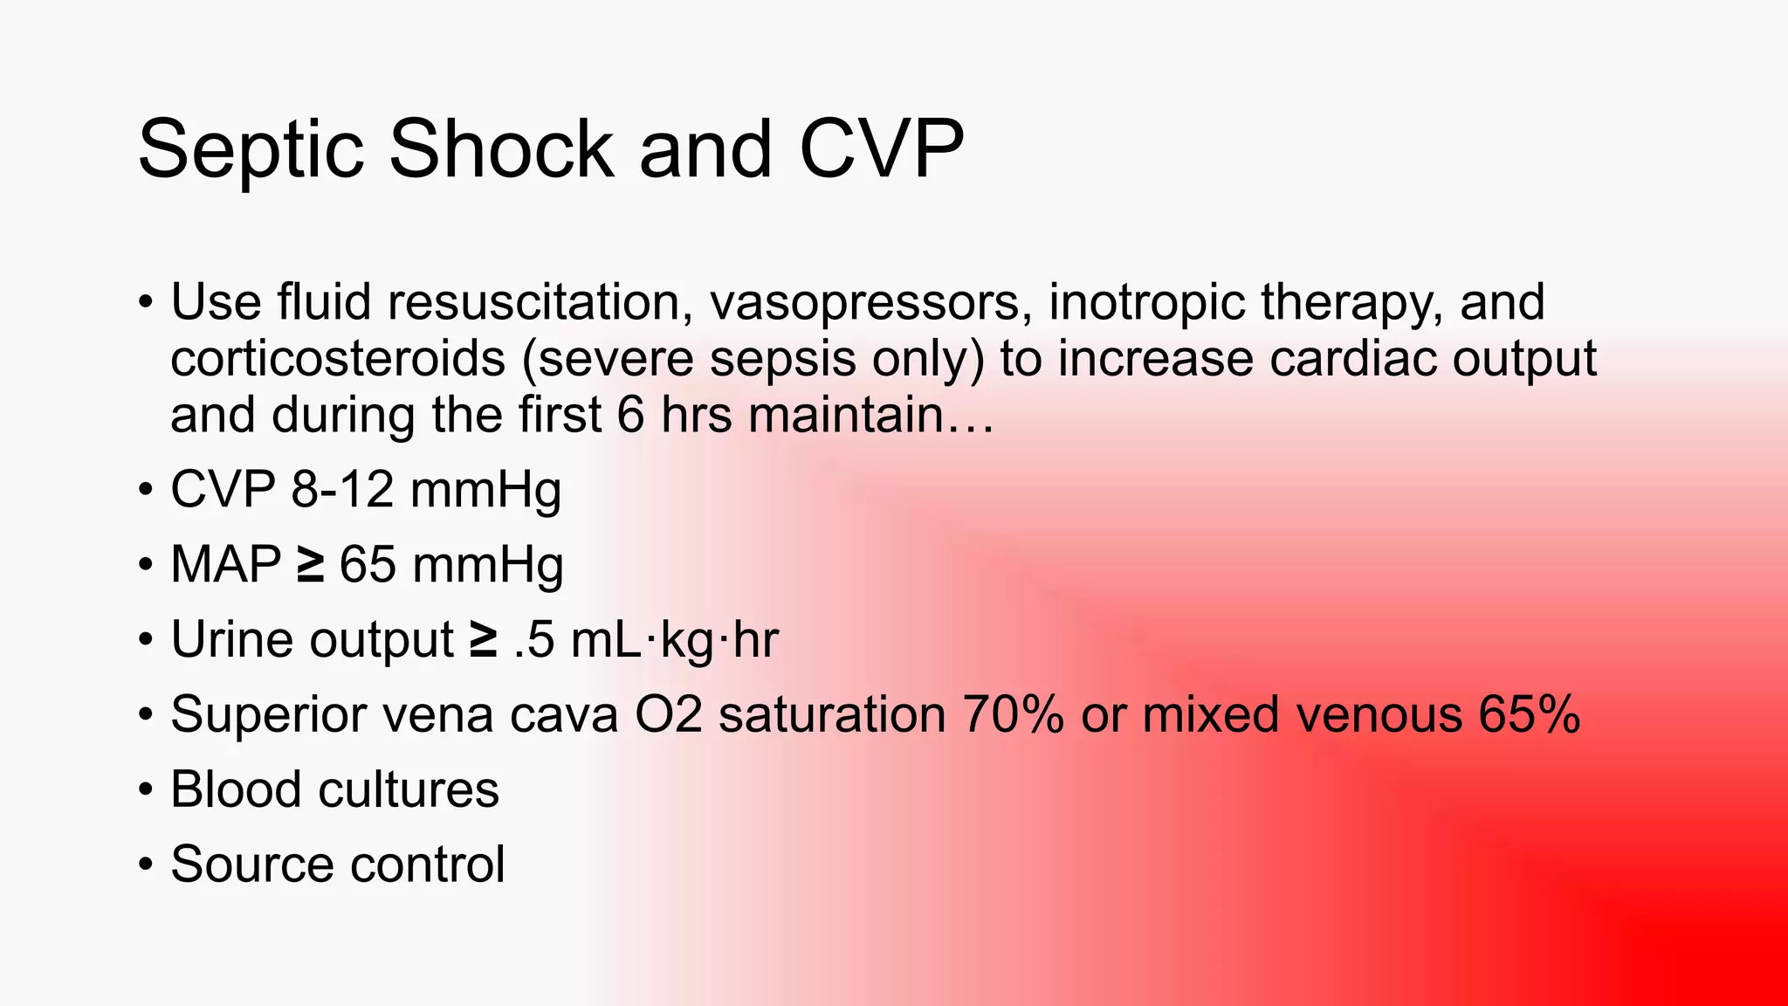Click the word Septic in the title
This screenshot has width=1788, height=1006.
[250, 150]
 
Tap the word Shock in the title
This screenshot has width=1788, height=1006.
[500, 150]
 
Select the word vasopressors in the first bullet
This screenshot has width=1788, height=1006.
[864, 302]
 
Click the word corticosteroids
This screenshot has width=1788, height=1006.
[338, 359]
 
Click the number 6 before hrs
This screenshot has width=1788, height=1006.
[630, 415]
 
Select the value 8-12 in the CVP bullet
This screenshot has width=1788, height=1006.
[342, 489]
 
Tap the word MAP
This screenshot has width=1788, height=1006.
[225, 564]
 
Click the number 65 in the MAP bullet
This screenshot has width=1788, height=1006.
[368, 564]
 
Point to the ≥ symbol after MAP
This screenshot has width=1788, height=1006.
[310, 564]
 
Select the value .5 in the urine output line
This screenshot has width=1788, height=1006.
[534, 639]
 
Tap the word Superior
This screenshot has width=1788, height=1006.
[269, 714]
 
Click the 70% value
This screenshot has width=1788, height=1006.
[1013, 714]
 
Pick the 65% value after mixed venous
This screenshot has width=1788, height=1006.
[1529, 714]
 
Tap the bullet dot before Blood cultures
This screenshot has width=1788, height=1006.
[146, 790]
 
